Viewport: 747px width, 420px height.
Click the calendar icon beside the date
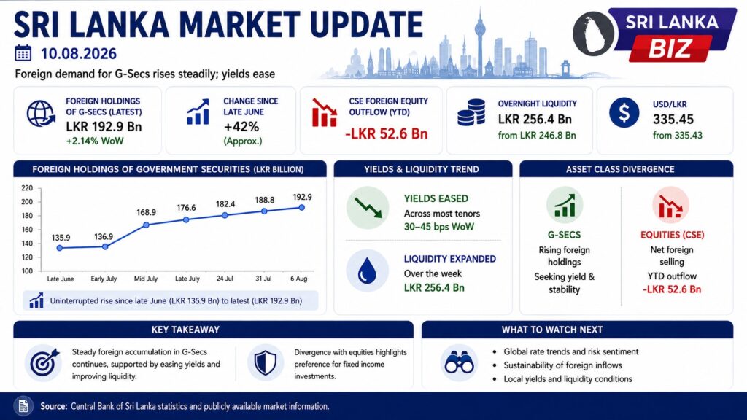point(23,53)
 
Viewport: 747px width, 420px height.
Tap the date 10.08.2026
point(79,54)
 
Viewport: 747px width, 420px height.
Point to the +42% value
point(241,127)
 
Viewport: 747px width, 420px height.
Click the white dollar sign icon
point(624,113)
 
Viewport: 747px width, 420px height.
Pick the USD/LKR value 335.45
point(673,119)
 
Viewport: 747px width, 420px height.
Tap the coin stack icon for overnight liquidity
point(471,112)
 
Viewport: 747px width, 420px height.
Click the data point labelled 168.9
point(146,225)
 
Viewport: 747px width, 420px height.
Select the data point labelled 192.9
point(301,208)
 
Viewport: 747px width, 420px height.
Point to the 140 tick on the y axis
point(27,244)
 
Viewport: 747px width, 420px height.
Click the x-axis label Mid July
point(145,279)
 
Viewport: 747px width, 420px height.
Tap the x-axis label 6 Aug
point(298,279)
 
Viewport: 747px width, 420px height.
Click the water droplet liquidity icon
point(367,271)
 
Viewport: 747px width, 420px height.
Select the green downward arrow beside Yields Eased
point(368,208)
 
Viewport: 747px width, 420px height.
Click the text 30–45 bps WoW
point(438,227)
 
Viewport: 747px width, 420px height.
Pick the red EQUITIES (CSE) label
point(672,235)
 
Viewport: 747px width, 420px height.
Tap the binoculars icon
point(460,363)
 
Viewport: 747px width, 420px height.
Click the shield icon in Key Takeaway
point(266,363)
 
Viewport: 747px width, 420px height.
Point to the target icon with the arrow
point(44,363)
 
